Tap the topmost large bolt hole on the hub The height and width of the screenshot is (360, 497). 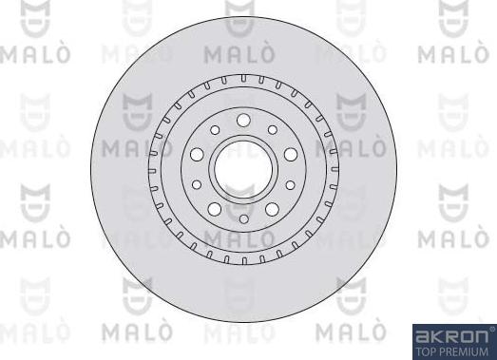242,120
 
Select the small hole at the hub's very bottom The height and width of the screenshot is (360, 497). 243,219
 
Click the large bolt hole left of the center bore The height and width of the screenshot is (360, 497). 198,154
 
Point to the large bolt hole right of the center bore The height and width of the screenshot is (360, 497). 290,154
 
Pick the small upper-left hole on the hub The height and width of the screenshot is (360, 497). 216,130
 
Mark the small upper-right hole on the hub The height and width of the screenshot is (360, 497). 272,130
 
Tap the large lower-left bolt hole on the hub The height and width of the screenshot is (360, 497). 215,208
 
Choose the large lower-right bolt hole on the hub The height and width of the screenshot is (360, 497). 271,208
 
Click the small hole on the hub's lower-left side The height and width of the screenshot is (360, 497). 199,185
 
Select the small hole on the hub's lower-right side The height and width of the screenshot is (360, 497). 288,185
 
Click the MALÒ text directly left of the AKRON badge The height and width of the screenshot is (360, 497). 353,333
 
